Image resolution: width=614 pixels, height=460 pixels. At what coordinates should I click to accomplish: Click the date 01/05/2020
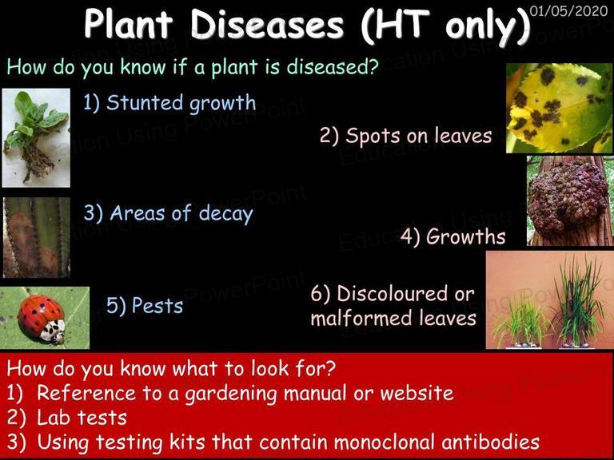[568, 10]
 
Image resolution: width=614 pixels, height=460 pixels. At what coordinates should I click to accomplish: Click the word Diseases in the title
[267, 24]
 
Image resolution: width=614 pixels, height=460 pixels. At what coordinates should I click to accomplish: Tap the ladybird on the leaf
[42, 319]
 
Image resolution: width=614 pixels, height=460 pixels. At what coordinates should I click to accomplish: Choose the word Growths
[465, 236]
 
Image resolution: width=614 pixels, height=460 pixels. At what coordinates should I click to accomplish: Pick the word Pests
[157, 306]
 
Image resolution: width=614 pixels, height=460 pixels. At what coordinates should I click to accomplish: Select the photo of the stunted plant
[36, 137]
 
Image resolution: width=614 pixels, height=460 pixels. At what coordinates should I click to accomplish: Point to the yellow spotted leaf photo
[559, 108]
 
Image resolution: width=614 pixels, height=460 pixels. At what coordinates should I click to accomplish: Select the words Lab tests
[82, 418]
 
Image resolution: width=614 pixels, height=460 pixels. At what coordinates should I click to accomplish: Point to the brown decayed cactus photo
[37, 237]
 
